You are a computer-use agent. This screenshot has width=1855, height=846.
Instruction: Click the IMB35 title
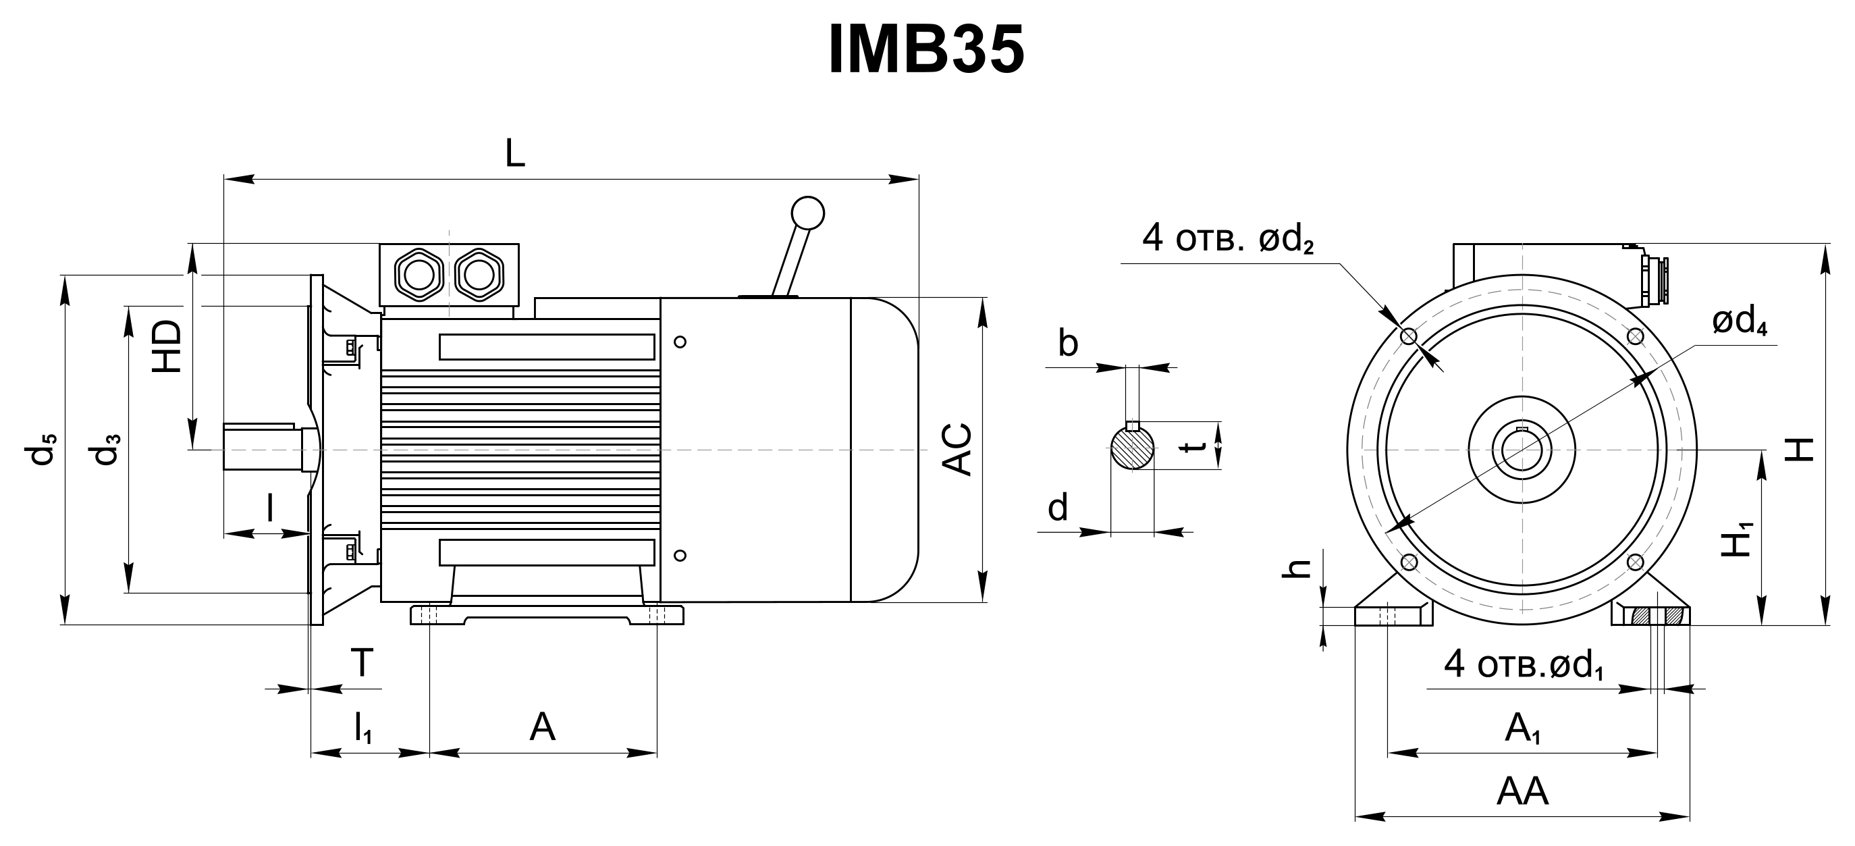(926, 50)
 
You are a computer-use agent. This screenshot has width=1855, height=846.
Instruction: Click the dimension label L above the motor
(514, 153)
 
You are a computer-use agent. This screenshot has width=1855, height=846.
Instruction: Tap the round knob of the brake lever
(807, 213)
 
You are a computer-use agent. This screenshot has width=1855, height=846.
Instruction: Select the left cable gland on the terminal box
(419, 274)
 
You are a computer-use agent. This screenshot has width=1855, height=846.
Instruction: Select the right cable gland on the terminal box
(479, 274)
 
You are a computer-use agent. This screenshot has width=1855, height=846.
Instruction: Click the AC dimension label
(957, 449)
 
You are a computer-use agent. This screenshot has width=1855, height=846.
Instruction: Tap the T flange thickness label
(362, 662)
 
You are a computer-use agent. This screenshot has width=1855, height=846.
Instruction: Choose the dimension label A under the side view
(542, 727)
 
